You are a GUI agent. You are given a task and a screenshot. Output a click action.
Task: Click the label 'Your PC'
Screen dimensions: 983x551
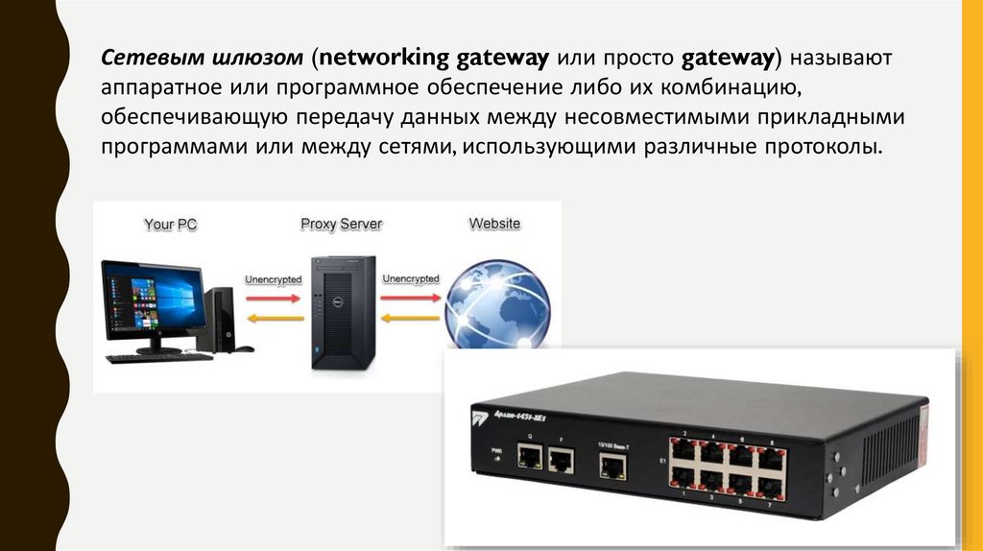pos(172,225)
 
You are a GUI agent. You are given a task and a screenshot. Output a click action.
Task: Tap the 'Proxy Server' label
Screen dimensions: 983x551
pos(341,225)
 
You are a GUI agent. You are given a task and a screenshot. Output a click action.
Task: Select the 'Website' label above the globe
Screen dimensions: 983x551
pos(494,224)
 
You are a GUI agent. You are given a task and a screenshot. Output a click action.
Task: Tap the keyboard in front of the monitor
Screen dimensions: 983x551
pos(158,357)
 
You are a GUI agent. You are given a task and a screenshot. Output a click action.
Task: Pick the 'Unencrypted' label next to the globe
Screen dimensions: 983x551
pos(410,279)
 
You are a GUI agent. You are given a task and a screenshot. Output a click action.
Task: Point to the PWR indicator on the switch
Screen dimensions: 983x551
pos(496,458)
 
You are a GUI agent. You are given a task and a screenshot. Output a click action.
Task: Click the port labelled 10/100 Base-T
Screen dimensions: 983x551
pos(611,467)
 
